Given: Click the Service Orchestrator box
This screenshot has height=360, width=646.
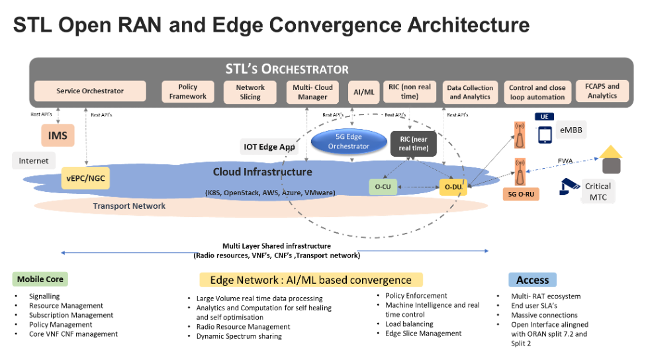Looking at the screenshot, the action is pyautogui.click(x=90, y=91).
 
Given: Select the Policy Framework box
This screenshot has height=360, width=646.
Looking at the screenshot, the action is pyautogui.click(x=188, y=91).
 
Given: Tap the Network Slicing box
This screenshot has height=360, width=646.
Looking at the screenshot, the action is pyautogui.click(x=250, y=92).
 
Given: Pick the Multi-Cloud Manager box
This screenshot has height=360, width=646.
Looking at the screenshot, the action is pyautogui.click(x=312, y=92).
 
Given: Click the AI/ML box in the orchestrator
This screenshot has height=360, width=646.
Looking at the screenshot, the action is pyautogui.click(x=364, y=92).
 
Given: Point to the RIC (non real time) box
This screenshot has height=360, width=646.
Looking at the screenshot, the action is pyautogui.click(x=410, y=91).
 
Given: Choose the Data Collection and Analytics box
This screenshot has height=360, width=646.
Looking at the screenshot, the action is pyautogui.click(x=470, y=92).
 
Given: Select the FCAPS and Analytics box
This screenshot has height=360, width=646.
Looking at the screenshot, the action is pyautogui.click(x=602, y=91).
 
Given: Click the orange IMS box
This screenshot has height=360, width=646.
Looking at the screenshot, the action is pyautogui.click(x=58, y=136).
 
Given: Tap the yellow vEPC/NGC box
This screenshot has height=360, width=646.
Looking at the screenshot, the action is pyautogui.click(x=85, y=179).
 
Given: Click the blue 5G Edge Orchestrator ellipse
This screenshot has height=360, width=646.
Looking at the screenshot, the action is pyautogui.click(x=349, y=141).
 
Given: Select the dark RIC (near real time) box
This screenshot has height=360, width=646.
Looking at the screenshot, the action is pyautogui.click(x=413, y=144).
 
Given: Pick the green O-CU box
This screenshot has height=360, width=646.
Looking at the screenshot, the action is pyautogui.click(x=383, y=187).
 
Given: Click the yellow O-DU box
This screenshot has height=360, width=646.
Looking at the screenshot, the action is pyautogui.click(x=453, y=187).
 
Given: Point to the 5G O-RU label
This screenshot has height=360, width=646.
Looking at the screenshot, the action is pyautogui.click(x=521, y=194).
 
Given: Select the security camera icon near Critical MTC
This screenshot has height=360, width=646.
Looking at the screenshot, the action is pyautogui.click(x=569, y=187).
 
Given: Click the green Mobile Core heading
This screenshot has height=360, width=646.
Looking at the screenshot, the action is pyautogui.click(x=40, y=279).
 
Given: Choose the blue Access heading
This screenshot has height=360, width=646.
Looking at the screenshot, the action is pyautogui.click(x=532, y=280).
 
